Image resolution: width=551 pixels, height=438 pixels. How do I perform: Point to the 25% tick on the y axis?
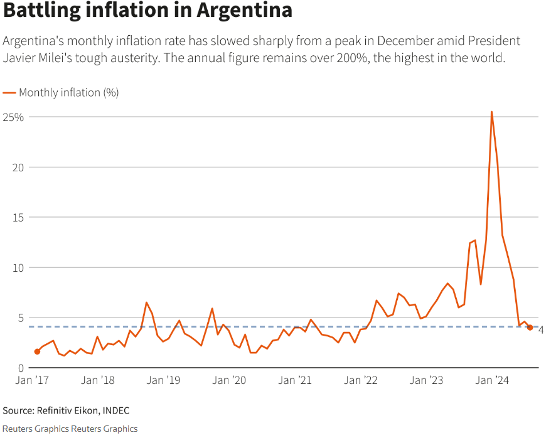click(13, 117)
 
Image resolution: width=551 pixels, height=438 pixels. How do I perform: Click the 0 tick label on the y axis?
click(20, 368)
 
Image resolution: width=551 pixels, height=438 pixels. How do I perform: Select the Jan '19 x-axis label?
click(164, 380)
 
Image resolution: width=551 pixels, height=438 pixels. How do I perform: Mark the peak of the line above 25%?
click(491, 112)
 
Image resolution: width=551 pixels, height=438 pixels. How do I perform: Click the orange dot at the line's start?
click(37, 351)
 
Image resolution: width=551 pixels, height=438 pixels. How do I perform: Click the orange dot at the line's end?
click(530, 328)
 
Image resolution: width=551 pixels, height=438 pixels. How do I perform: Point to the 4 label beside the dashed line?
click(541, 330)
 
